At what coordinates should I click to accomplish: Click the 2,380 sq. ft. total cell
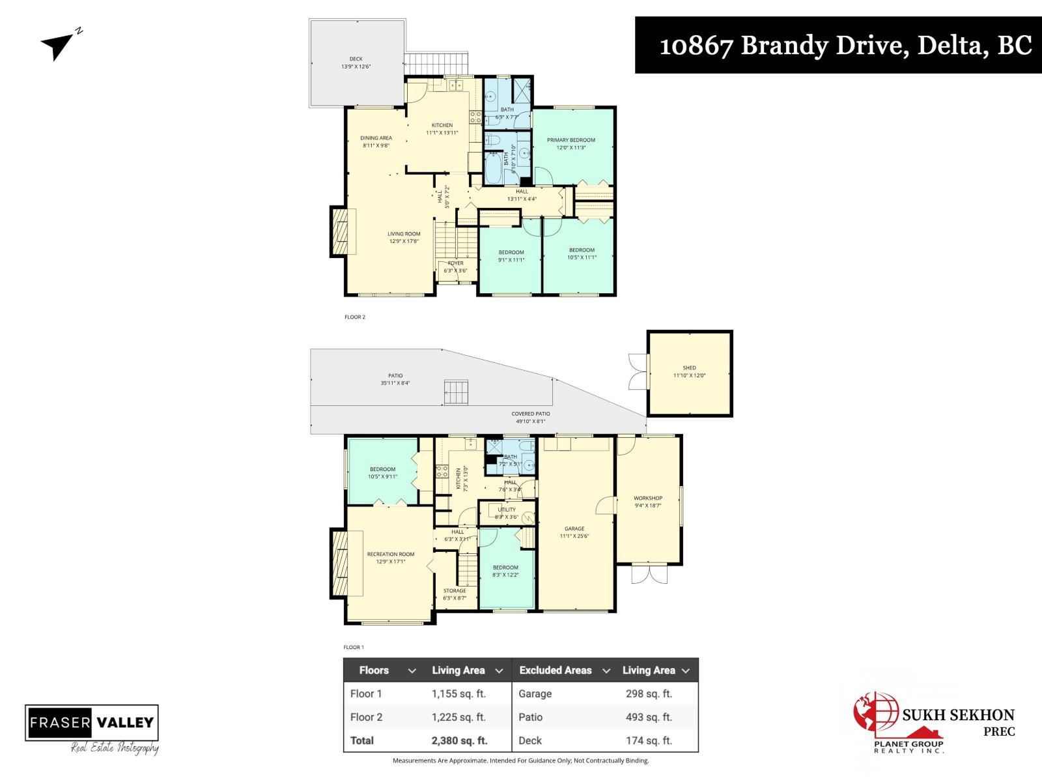[x=459, y=740]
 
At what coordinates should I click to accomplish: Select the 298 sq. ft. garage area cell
[x=649, y=693]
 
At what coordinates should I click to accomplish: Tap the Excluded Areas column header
[x=556, y=670]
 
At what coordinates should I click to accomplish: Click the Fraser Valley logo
[x=92, y=722]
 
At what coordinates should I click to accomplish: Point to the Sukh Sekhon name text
[x=958, y=715]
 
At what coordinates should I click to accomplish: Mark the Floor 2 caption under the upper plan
[x=355, y=317]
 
